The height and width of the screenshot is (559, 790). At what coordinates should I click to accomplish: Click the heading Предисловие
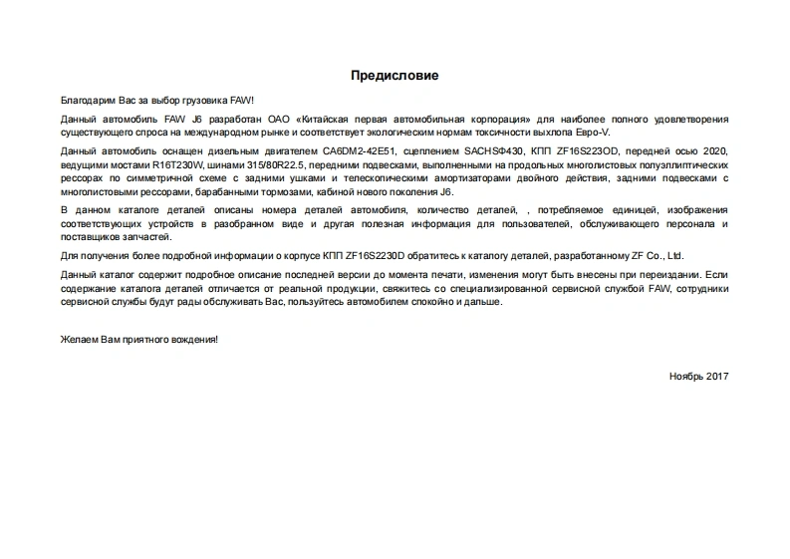coord(395,76)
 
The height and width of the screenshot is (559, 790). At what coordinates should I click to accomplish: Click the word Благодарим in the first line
coord(87,101)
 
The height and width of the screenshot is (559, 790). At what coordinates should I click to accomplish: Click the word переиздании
coord(669,273)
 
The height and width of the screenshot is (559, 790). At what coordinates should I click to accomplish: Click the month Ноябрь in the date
coord(686,376)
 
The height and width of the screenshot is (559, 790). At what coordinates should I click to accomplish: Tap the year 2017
coord(717,376)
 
